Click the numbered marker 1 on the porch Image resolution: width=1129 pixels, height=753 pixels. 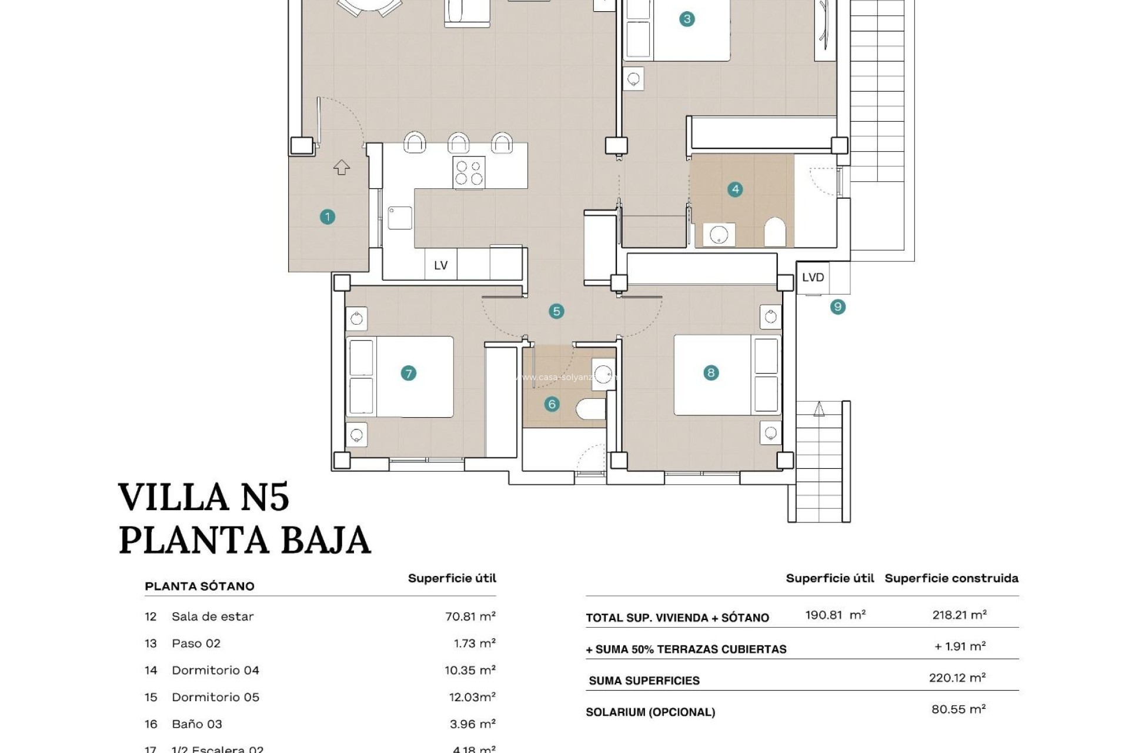(328, 217)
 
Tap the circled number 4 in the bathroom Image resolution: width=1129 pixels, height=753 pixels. (735, 189)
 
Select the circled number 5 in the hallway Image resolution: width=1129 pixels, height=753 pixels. (556, 311)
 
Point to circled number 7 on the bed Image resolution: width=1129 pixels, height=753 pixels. (408, 373)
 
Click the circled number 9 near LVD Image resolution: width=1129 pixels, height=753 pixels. (838, 306)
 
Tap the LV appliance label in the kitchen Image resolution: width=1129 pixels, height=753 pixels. (440, 265)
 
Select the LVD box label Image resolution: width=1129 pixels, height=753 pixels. (813, 277)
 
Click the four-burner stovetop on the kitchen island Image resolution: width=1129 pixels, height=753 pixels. (469, 173)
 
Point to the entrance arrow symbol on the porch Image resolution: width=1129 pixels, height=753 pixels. (342, 168)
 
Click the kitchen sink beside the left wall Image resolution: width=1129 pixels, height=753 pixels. (400, 218)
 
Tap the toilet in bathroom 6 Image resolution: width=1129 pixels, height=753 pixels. (590, 409)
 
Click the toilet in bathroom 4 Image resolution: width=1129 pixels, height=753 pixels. (775, 232)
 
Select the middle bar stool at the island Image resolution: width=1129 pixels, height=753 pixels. (459, 143)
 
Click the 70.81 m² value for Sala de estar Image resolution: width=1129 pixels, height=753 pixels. (470, 617)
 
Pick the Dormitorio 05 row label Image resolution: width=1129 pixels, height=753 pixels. (215, 697)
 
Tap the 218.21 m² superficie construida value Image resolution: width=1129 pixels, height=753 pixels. (959, 615)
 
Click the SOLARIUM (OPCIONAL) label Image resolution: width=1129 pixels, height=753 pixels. (650, 712)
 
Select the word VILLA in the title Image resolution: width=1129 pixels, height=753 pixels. (173, 497)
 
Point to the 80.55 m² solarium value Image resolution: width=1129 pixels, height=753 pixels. (958, 709)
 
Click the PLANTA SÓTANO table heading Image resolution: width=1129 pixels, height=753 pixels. (199, 586)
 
